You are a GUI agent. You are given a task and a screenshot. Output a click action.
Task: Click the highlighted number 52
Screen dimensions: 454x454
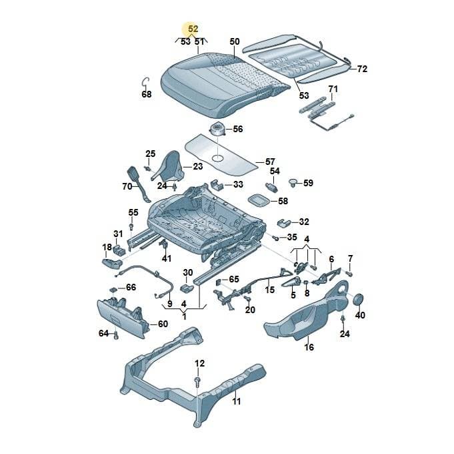tap(193, 29)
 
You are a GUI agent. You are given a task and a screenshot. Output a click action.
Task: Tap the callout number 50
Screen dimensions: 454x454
tap(235, 41)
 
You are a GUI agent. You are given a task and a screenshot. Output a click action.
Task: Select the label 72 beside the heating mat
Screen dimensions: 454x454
tap(362, 69)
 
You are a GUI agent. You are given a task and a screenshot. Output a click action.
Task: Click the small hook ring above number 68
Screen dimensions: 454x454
tap(145, 82)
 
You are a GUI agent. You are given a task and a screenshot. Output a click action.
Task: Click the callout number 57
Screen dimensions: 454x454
tap(270, 162)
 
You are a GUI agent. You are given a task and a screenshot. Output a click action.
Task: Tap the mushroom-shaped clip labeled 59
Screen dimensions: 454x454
tap(293, 183)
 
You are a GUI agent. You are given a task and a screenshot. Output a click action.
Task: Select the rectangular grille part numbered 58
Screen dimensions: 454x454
tap(258, 200)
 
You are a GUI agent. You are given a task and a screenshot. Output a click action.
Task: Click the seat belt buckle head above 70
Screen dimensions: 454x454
tap(134, 174)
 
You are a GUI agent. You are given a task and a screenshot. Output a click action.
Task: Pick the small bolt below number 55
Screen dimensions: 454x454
tap(131, 226)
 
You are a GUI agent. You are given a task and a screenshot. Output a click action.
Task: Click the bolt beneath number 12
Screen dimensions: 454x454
tap(197, 381)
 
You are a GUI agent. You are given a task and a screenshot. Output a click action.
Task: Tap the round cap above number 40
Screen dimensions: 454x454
tap(359, 299)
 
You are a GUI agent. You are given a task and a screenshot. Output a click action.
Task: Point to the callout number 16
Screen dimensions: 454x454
tap(309, 347)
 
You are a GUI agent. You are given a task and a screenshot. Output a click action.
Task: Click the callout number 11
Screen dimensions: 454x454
tap(237, 401)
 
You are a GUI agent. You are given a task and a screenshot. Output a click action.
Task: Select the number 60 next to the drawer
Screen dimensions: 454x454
tap(163, 324)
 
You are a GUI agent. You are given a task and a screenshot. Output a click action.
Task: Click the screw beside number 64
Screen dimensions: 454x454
tap(116, 336)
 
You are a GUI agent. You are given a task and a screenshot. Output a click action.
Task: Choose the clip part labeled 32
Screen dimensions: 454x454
tap(285, 222)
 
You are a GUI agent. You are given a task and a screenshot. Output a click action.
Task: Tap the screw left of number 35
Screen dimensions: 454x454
tap(275, 238)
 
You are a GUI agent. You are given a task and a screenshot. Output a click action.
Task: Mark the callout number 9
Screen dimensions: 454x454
tap(170, 304)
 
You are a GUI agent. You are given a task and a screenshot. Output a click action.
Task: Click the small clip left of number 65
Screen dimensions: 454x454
tap(219, 281)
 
